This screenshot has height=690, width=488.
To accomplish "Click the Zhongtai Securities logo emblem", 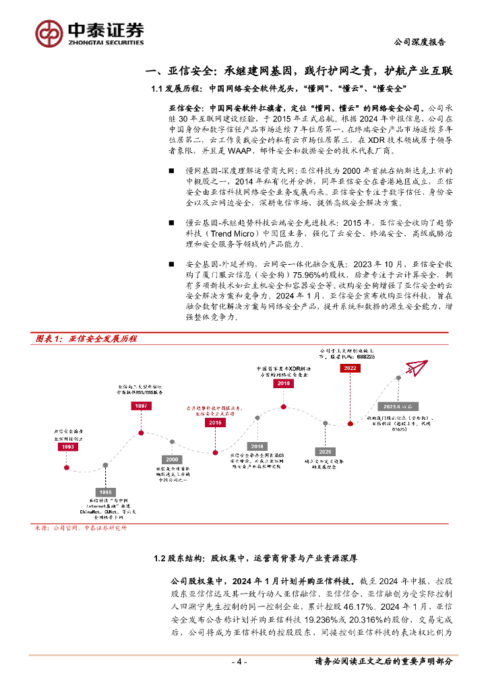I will (49, 32).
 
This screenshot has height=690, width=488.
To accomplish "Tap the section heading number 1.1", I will (158, 89).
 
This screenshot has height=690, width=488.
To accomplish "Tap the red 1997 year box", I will (141, 406).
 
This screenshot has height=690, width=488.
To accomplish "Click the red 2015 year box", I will (215, 422).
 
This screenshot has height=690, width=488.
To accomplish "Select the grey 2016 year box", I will (257, 446).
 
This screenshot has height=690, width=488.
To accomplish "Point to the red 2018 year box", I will (283, 383).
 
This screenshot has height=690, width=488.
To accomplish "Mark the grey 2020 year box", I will (325, 451).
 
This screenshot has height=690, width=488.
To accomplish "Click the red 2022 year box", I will (350, 369).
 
